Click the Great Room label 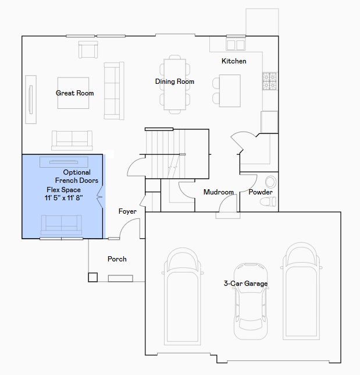click(74, 93)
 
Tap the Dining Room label click(174, 82)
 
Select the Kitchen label click(234, 61)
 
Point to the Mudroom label click(218, 192)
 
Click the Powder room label click(261, 192)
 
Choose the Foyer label click(127, 211)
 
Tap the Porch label click(117, 259)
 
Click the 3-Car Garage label click(245, 284)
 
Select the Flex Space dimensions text click(64, 198)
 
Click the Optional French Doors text click(77, 176)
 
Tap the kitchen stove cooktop click(270, 82)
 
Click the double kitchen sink click(236, 45)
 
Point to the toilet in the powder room click(268, 201)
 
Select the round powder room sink click(270, 182)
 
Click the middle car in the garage click(251, 301)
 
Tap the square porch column click(92, 277)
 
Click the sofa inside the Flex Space click(62, 225)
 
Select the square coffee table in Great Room click(73, 93)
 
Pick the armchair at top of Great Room click(88, 49)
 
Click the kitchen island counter click(230, 91)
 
